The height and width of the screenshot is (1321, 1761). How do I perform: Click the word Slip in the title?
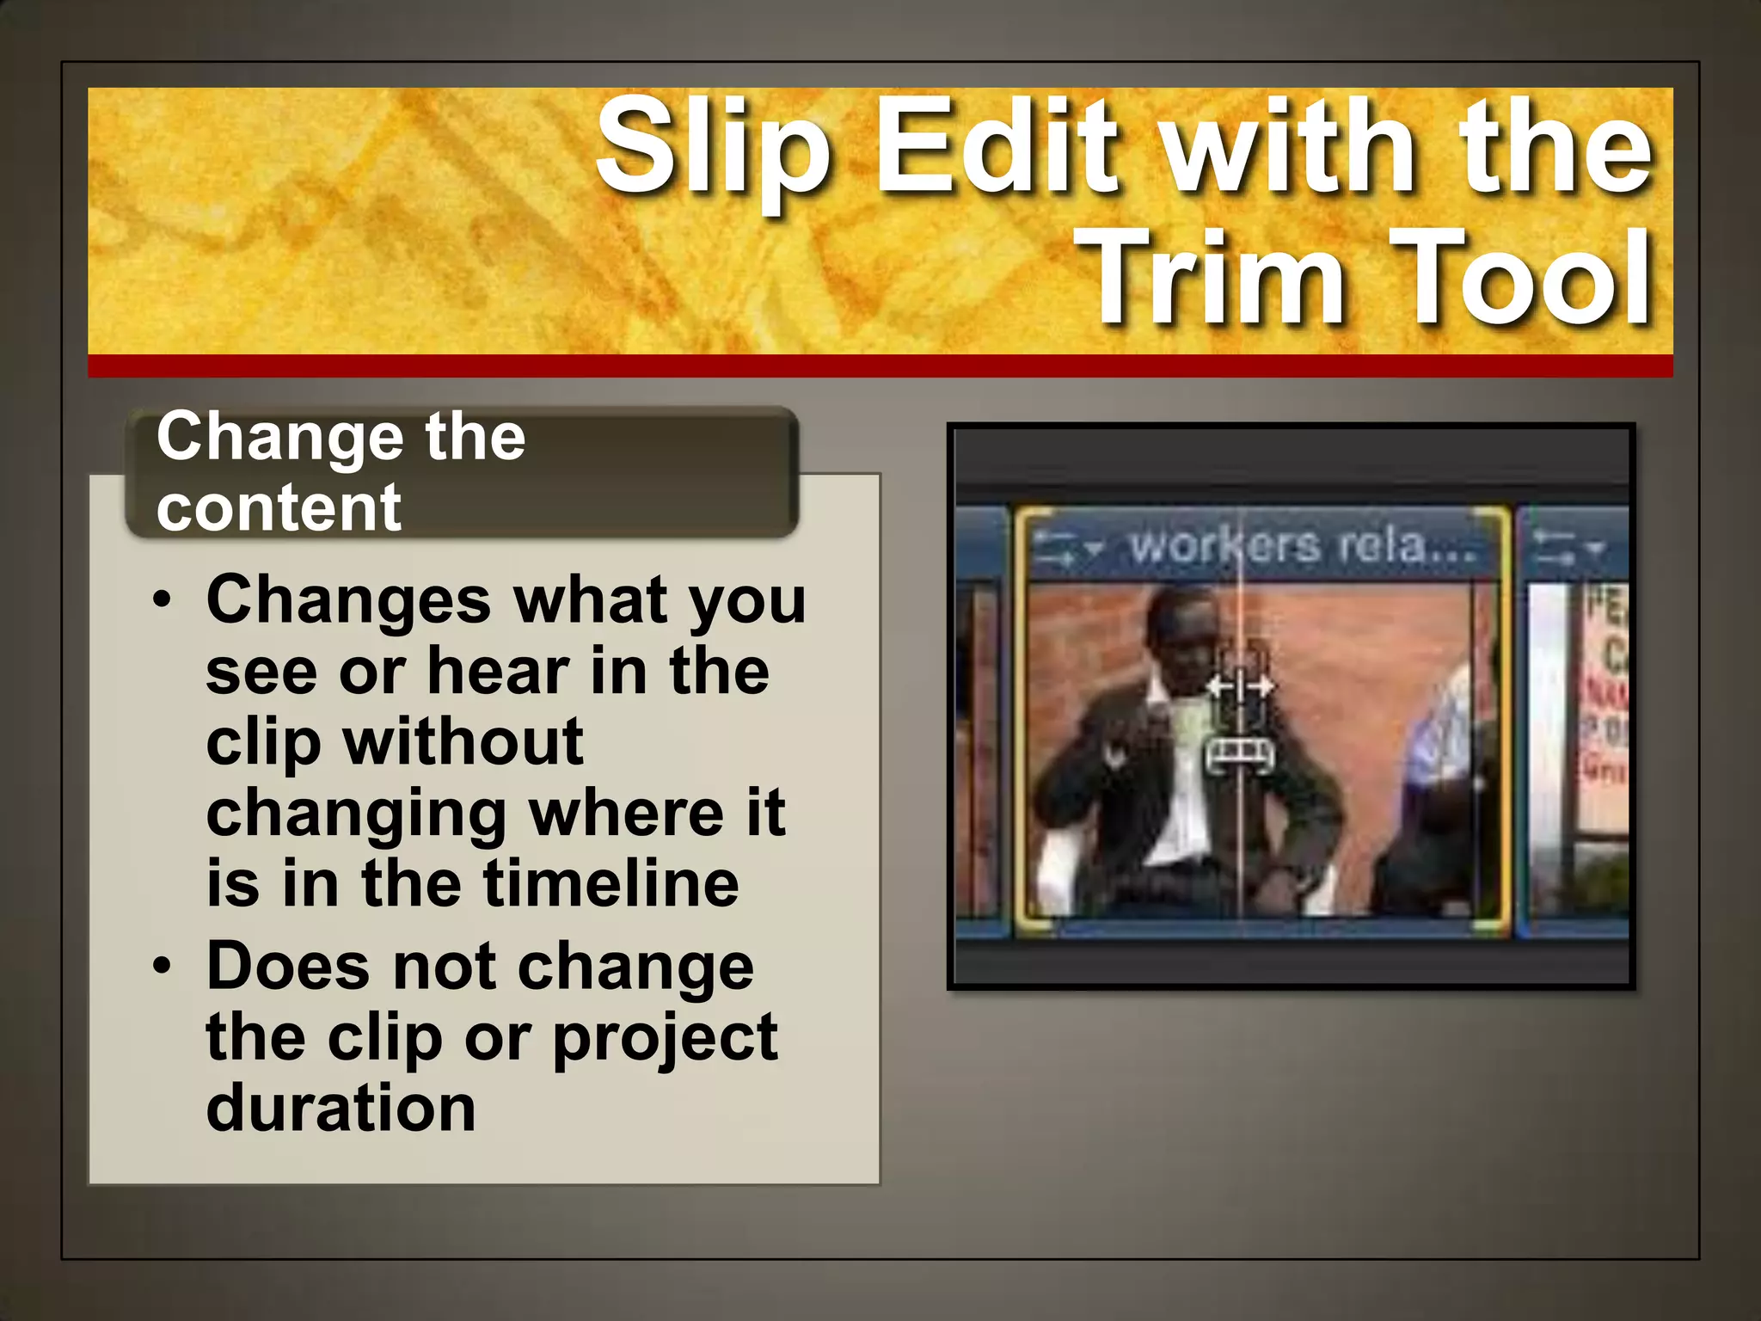[712, 146]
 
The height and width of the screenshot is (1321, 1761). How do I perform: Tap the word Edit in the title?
[997, 146]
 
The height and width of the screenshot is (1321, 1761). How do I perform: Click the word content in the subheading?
[279, 507]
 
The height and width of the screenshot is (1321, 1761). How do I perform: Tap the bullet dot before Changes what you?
[163, 599]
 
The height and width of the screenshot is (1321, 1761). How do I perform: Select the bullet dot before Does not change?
[163, 966]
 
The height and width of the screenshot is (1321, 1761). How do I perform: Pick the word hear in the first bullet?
[499, 671]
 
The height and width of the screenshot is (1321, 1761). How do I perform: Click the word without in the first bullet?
[463, 741]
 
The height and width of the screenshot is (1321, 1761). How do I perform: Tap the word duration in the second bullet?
[341, 1108]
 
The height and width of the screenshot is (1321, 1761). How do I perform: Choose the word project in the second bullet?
[665, 1037]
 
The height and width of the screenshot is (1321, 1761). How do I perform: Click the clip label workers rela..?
[1303, 545]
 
